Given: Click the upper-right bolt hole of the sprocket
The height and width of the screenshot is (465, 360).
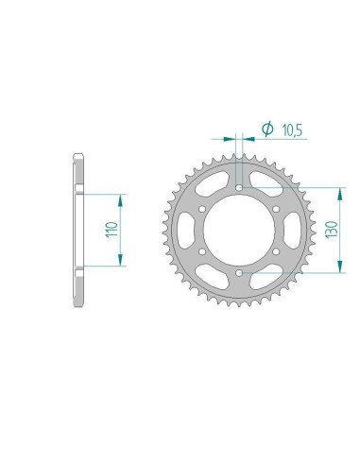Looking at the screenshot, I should click(x=277, y=209).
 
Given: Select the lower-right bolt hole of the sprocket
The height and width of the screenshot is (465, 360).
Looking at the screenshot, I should click(x=277, y=252).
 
